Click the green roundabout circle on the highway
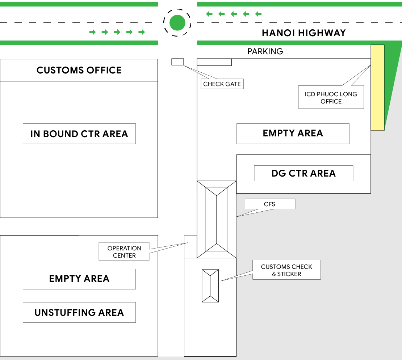pyautogui.click(x=177, y=22)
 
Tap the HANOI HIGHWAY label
pyautogui.click(x=304, y=33)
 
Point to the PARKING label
pyautogui.click(x=265, y=51)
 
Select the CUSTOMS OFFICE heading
pyautogui.click(x=79, y=70)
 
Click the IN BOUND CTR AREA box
pyautogui.click(x=79, y=134)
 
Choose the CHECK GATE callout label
pyautogui.click(x=222, y=84)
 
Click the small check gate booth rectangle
pyautogui.click(x=178, y=62)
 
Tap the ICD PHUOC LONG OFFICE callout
pyautogui.click(x=331, y=97)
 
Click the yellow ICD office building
pyautogui.click(x=377, y=88)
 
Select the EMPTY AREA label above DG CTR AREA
pyautogui.click(x=293, y=134)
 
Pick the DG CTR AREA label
pyautogui.click(x=303, y=173)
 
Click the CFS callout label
pyautogui.click(x=270, y=204)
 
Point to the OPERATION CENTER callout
pyautogui.click(x=124, y=252)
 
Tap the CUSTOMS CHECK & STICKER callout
pyautogui.click(x=286, y=270)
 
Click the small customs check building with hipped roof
pyautogui.click(x=210, y=286)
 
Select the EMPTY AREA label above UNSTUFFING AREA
pyautogui.click(x=79, y=279)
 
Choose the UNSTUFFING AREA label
pyautogui.click(x=79, y=312)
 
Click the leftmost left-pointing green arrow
pyautogui.click(x=209, y=14)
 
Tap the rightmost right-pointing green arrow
pyautogui.click(x=142, y=32)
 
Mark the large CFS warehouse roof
pyautogui.click(x=216, y=219)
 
